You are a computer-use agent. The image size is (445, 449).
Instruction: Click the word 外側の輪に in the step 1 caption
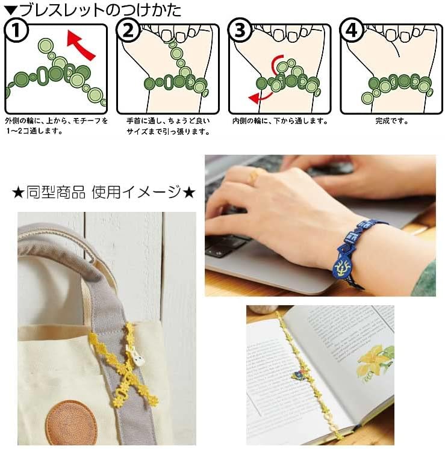tap(21, 120)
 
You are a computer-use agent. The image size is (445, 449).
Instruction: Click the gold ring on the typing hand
tap(256, 175)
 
